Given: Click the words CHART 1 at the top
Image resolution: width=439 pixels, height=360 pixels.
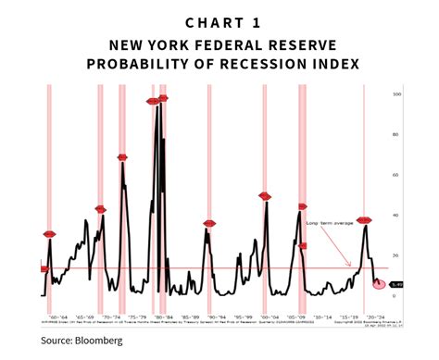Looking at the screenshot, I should coord(219,21).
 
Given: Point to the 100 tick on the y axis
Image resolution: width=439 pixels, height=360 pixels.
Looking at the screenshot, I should coord(395,94).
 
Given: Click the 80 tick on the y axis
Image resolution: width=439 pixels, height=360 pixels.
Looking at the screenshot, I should coord(395,134).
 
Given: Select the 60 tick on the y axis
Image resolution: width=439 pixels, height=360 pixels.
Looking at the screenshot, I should coord(395,175).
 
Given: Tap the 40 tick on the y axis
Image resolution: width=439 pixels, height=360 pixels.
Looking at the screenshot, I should coord(395,216).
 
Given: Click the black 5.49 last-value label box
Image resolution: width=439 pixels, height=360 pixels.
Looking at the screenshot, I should coord(396,284).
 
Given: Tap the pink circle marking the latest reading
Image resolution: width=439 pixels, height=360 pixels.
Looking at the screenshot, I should coord(378,283).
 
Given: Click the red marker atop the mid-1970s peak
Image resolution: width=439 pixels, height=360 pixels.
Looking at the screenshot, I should coord(122,157).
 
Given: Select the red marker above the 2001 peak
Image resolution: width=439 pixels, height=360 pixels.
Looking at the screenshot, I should coord(265,196).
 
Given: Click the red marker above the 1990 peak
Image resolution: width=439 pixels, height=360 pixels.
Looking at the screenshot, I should coord(209,223).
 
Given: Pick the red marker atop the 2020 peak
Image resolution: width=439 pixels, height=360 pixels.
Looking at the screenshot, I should coord(364,220).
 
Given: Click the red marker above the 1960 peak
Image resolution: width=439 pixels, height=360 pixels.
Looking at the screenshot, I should coord(50,234).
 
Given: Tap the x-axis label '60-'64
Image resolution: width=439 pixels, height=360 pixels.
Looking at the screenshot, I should coord(57,314).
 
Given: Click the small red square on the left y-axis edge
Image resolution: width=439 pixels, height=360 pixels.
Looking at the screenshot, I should coord(44,268).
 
